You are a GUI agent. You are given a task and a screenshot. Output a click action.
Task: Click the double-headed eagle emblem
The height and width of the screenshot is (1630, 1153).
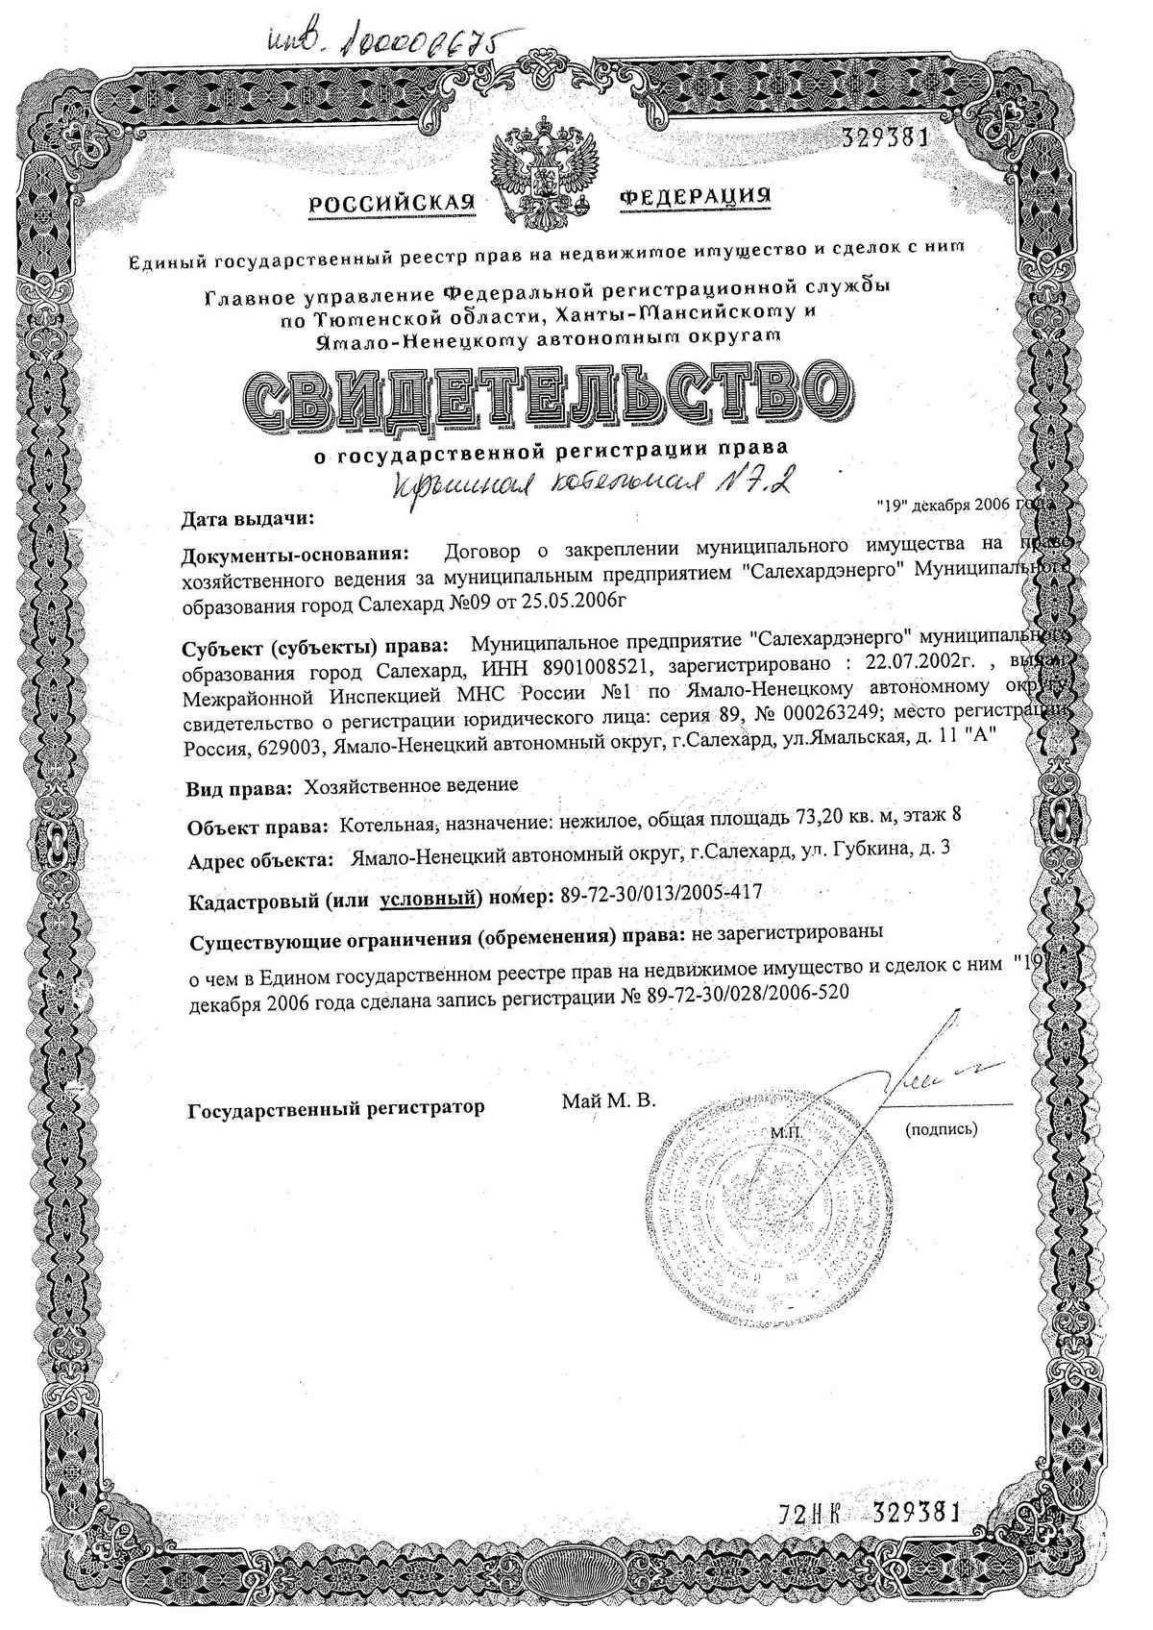(544, 175)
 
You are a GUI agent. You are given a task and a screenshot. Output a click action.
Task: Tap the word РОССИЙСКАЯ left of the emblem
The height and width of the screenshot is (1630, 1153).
(393, 203)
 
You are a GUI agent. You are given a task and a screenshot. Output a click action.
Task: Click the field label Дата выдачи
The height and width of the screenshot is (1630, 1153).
(247, 520)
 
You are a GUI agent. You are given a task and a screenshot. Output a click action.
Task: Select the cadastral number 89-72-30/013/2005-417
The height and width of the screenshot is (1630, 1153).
(658, 894)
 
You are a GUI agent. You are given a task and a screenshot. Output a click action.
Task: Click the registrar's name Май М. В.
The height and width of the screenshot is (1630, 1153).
(609, 1101)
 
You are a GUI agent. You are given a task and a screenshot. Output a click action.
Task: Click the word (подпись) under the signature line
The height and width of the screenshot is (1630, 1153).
(942, 1129)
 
